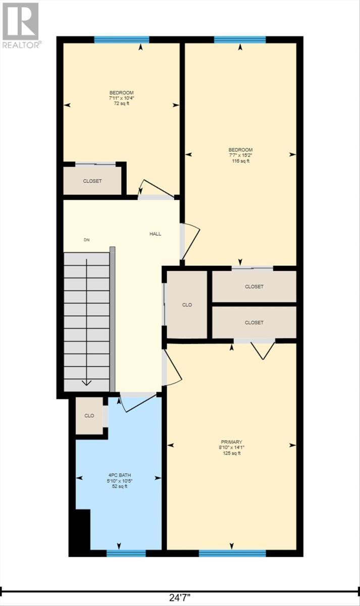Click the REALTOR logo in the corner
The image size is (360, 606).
20,25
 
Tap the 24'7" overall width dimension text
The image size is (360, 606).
180,597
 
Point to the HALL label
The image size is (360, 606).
155,234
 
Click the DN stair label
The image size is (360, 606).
87,240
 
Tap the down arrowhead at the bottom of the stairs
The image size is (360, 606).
86,383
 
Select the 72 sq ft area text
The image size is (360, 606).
121,104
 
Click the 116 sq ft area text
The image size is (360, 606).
240,161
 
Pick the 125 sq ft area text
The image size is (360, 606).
232,453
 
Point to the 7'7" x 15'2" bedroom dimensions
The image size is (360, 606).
240,156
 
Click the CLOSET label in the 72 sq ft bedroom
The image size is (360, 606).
92,181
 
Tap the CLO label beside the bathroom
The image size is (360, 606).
89,416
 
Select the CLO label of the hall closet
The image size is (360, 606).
187,305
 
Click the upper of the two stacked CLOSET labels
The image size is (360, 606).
254,286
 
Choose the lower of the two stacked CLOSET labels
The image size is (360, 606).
254,322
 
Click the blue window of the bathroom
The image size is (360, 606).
126,553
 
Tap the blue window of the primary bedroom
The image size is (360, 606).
232,553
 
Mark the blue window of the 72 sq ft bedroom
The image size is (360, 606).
122,40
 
